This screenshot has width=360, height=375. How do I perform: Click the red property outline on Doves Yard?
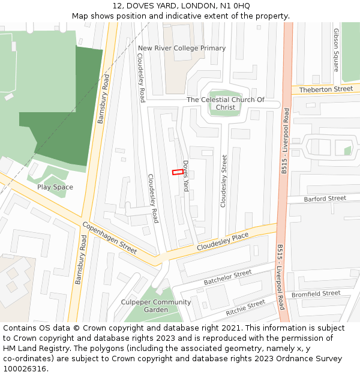click(178, 172)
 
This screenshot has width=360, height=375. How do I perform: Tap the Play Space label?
click(55, 187)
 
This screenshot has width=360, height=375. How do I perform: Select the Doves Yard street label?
click(186, 176)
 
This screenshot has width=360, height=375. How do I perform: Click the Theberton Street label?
click(326, 89)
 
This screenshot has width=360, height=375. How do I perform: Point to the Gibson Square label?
click(336, 50)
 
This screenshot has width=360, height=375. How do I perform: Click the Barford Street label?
click(325, 199)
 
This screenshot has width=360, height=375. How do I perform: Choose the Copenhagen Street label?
click(110, 236)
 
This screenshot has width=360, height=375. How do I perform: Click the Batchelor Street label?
click(227, 277)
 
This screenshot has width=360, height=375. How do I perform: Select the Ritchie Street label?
click(245, 308)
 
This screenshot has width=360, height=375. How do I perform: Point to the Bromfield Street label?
click(316, 294)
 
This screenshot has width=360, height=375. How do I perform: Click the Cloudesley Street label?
click(224, 181)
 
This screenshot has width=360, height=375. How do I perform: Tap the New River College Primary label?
click(182, 48)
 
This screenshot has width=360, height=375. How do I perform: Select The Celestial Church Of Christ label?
click(226, 103)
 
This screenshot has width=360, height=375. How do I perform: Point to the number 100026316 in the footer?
click(25, 369)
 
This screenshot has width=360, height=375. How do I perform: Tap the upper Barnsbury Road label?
click(103, 100)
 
